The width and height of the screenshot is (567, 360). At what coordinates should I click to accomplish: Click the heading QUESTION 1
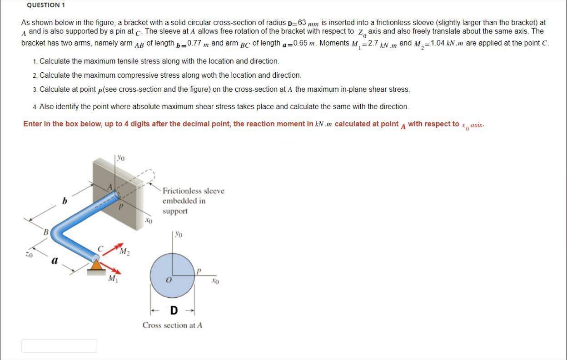coord(46,5)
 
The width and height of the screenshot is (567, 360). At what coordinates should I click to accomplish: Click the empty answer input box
coord(59,346)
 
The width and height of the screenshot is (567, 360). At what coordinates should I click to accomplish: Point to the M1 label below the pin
coord(112,279)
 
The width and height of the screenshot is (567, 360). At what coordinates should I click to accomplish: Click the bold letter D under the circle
coord(174,311)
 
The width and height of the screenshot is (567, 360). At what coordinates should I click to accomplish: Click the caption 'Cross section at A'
coord(172,325)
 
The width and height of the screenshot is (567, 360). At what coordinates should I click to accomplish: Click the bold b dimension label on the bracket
coord(65,201)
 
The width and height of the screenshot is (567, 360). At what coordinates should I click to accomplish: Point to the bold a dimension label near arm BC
coord(55,260)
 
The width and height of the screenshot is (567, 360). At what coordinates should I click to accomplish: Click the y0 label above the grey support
coord(120,158)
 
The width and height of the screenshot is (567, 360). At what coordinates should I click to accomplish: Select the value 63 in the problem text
coord(302,23)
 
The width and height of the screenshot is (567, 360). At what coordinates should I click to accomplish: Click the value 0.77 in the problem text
coord(195,43)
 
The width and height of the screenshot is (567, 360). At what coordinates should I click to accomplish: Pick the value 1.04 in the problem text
coord(438,43)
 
